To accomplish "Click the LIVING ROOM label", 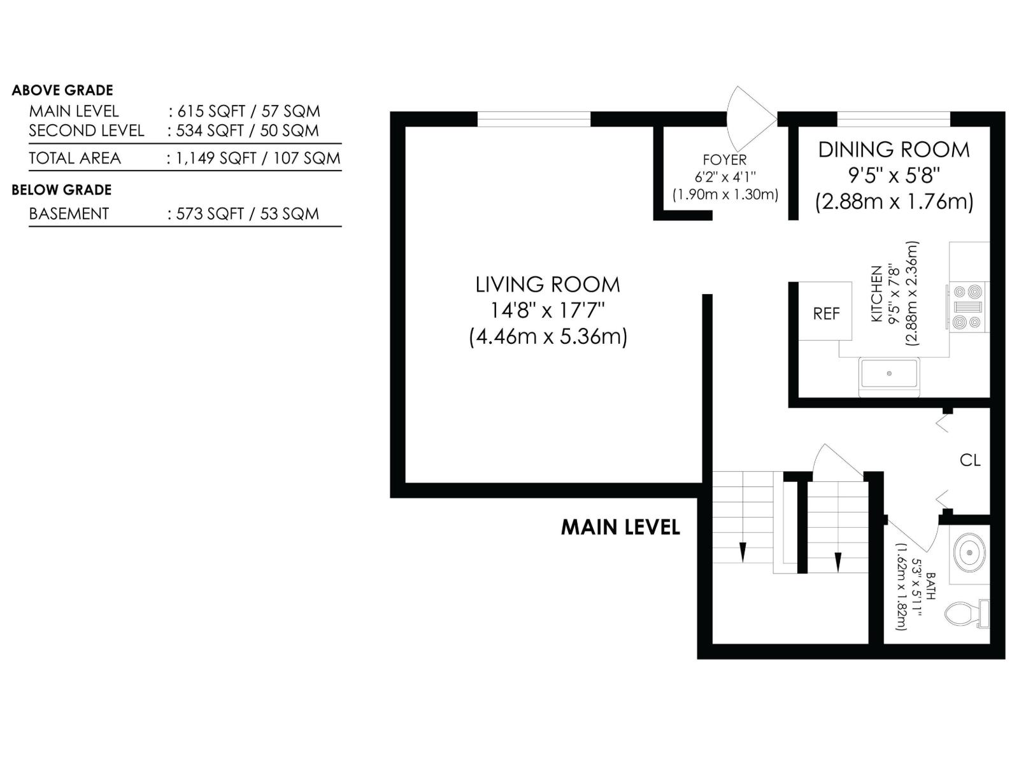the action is coord(548,285).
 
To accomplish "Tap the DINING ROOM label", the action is coord(894,150).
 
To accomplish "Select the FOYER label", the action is coord(724,160).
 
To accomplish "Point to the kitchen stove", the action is coord(967,307).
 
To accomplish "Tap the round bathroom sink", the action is coord(969,553).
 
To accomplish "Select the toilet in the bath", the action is coord(967,614).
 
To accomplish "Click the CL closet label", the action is coord(970,460).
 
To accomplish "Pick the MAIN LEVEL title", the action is coord(620,527).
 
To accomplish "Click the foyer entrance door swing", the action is coord(752,118).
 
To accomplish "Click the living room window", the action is coord(534,119).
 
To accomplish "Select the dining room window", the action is coord(894,119).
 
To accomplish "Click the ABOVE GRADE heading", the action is coord(62,90).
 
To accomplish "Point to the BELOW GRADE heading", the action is coord(62,190).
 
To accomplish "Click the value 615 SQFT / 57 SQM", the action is coord(248,111).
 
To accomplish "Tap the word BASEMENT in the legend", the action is coord(69,214).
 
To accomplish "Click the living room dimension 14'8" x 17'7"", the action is coord(548,310).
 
